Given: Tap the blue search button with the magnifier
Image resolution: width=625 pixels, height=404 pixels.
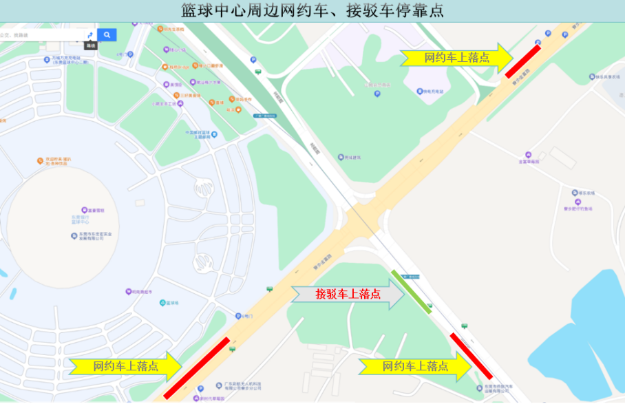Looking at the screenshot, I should click(107, 34).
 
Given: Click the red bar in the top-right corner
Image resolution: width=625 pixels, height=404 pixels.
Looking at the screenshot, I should click(522, 61).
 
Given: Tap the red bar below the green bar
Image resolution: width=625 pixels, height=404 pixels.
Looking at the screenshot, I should click(471, 356).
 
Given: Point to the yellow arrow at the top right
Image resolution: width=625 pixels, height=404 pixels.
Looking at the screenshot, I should click(457, 58).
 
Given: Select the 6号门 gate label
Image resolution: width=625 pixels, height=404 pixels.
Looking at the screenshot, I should click(248, 316).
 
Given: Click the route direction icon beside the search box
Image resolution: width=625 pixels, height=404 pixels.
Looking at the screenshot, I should click(89, 35).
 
